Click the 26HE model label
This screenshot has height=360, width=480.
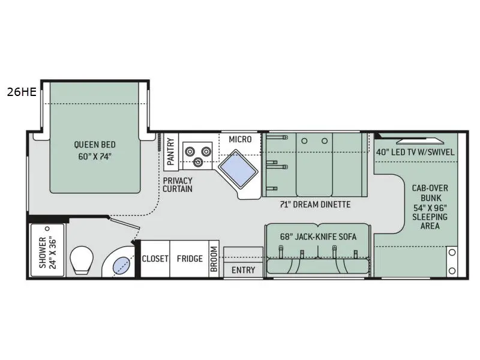(x=22, y=92)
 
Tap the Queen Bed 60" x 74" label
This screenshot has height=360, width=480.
(x=95, y=151)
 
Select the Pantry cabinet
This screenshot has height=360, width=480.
(x=171, y=152)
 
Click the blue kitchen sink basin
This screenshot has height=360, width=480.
(x=238, y=169)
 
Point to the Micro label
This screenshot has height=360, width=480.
(x=241, y=139)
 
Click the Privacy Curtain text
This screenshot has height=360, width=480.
(x=178, y=185)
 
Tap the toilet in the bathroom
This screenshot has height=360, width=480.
(x=82, y=260)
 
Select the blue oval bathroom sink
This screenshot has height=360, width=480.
(x=121, y=265)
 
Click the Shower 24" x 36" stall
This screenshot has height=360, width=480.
(x=48, y=250)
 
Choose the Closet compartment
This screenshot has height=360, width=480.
(x=155, y=259)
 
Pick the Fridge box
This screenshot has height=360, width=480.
(x=190, y=259)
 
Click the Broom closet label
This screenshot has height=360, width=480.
(x=214, y=259)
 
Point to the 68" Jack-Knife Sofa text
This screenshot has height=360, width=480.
(x=318, y=236)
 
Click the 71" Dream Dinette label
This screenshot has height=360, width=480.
(x=315, y=204)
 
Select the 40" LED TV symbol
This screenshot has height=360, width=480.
(x=419, y=141)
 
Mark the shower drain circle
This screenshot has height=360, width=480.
(x=47, y=229)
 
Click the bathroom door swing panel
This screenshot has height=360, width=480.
(x=125, y=223)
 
